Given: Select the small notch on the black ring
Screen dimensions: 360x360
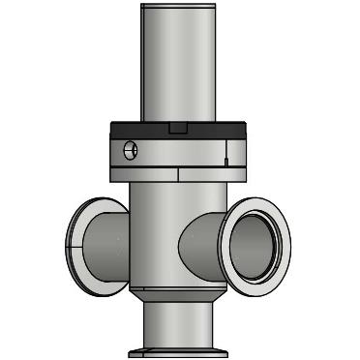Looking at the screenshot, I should point(176,128).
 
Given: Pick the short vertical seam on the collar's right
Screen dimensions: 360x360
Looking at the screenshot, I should point(225,151).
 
